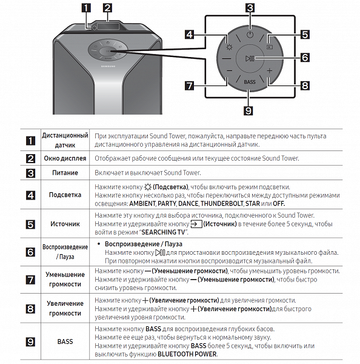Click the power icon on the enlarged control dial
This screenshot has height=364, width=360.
click(x=250, y=35)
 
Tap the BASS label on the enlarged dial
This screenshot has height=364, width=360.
click(x=250, y=82)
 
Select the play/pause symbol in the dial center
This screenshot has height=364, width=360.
click(x=250, y=58)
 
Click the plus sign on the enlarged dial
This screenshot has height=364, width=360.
click(x=269, y=70)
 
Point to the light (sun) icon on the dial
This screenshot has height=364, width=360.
click(x=229, y=47)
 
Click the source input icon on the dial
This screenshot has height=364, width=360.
click(x=270, y=47)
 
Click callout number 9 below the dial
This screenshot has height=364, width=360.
click(x=248, y=110)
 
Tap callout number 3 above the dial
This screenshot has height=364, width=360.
click(x=250, y=8)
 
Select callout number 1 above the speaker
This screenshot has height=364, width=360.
click(x=86, y=8)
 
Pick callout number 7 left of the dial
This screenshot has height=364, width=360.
click(x=190, y=86)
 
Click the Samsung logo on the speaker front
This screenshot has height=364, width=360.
click(x=108, y=66)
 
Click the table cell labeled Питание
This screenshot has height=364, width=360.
click(x=65, y=173)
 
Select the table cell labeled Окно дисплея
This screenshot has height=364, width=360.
click(x=65, y=158)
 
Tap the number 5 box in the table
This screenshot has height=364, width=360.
click(x=30, y=224)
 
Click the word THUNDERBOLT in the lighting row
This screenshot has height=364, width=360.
click(x=222, y=204)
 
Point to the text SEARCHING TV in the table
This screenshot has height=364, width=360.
click(x=163, y=232)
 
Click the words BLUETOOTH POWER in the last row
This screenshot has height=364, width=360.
click(x=187, y=354)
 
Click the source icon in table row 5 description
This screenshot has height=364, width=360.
click(x=196, y=224)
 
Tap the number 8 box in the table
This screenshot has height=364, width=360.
click(x=30, y=309)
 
